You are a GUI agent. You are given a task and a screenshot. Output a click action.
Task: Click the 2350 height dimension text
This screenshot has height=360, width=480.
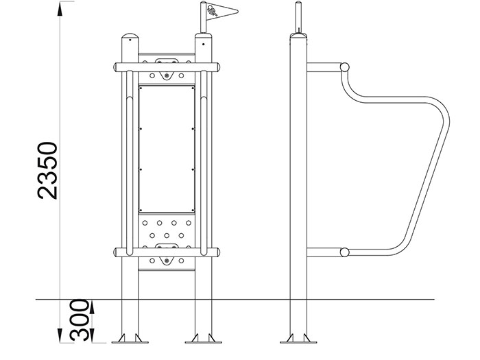coord(47,171)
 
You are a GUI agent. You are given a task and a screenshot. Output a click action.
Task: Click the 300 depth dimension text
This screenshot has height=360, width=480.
coord(80,320)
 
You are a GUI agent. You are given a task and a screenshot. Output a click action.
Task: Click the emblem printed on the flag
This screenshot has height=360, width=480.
coord(212,11)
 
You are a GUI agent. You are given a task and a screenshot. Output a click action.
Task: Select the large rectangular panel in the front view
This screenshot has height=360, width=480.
coord(167,149)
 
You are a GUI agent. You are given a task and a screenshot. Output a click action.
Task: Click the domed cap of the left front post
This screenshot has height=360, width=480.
coord(130,37)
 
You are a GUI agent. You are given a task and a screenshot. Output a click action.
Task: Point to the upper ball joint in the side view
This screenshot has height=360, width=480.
coord(345,67)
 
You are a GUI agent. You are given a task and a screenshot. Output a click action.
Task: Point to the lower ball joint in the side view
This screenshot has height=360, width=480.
coord(345,252)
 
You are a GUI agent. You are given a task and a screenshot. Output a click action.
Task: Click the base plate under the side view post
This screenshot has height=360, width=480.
coord(298,342)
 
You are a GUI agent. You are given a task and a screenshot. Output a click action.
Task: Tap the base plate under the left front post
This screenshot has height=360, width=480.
coord(130,342)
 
